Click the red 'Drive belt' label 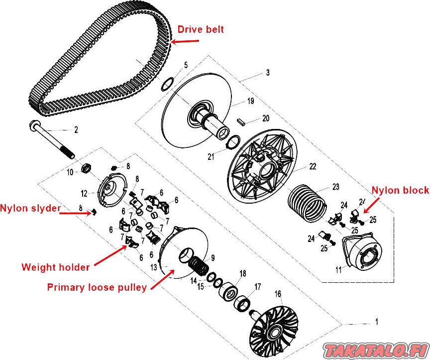click(x=200, y=29)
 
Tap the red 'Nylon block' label click(x=400, y=190)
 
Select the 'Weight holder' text click(x=55, y=267)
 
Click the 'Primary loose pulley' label click(x=97, y=287)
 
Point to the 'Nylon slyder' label click(x=30, y=208)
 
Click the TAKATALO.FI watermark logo click(x=375, y=349)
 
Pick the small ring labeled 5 click(x=167, y=83)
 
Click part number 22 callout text click(x=313, y=166)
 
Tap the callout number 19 click(x=250, y=101)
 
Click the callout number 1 click(x=377, y=321)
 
